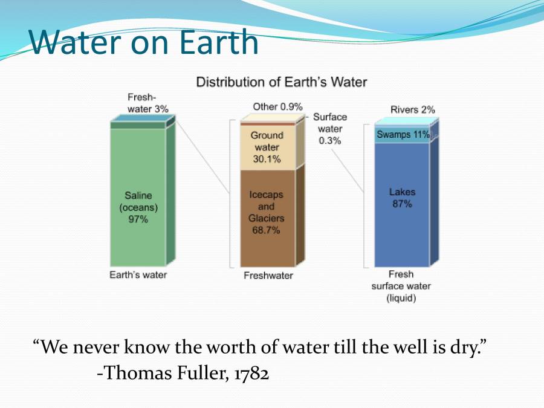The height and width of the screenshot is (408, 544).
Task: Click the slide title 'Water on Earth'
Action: (x=144, y=42)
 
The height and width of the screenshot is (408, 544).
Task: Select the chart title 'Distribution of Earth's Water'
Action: (x=281, y=82)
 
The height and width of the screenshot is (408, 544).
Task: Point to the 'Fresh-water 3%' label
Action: (x=148, y=103)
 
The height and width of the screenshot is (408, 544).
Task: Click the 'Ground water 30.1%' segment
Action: (x=268, y=147)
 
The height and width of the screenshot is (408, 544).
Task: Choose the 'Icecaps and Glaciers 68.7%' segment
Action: (x=268, y=218)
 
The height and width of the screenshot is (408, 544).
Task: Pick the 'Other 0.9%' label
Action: (x=277, y=106)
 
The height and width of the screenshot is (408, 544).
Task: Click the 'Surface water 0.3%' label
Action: (x=330, y=129)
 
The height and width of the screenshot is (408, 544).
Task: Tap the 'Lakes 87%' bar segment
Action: (x=402, y=205)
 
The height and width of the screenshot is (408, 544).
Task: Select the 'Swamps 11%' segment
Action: (x=402, y=135)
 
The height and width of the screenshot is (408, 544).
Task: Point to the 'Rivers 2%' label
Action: (x=412, y=109)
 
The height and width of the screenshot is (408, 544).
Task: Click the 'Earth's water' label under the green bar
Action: (x=138, y=275)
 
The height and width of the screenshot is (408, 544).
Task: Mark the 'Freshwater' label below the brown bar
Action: (x=268, y=276)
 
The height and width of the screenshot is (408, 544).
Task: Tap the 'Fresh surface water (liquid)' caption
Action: (x=401, y=287)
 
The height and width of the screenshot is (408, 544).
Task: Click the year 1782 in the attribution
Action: (x=251, y=374)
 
